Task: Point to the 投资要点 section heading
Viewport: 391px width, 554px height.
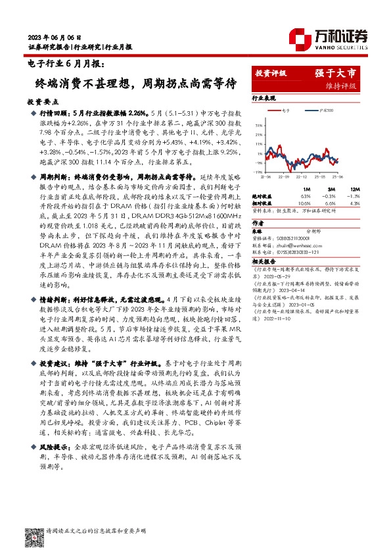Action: coord(43,103)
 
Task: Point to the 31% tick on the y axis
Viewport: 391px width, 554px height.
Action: coord(260,122)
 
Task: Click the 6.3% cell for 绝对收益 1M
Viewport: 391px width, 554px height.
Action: coord(305,196)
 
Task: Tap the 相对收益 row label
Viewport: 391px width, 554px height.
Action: coord(263,203)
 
